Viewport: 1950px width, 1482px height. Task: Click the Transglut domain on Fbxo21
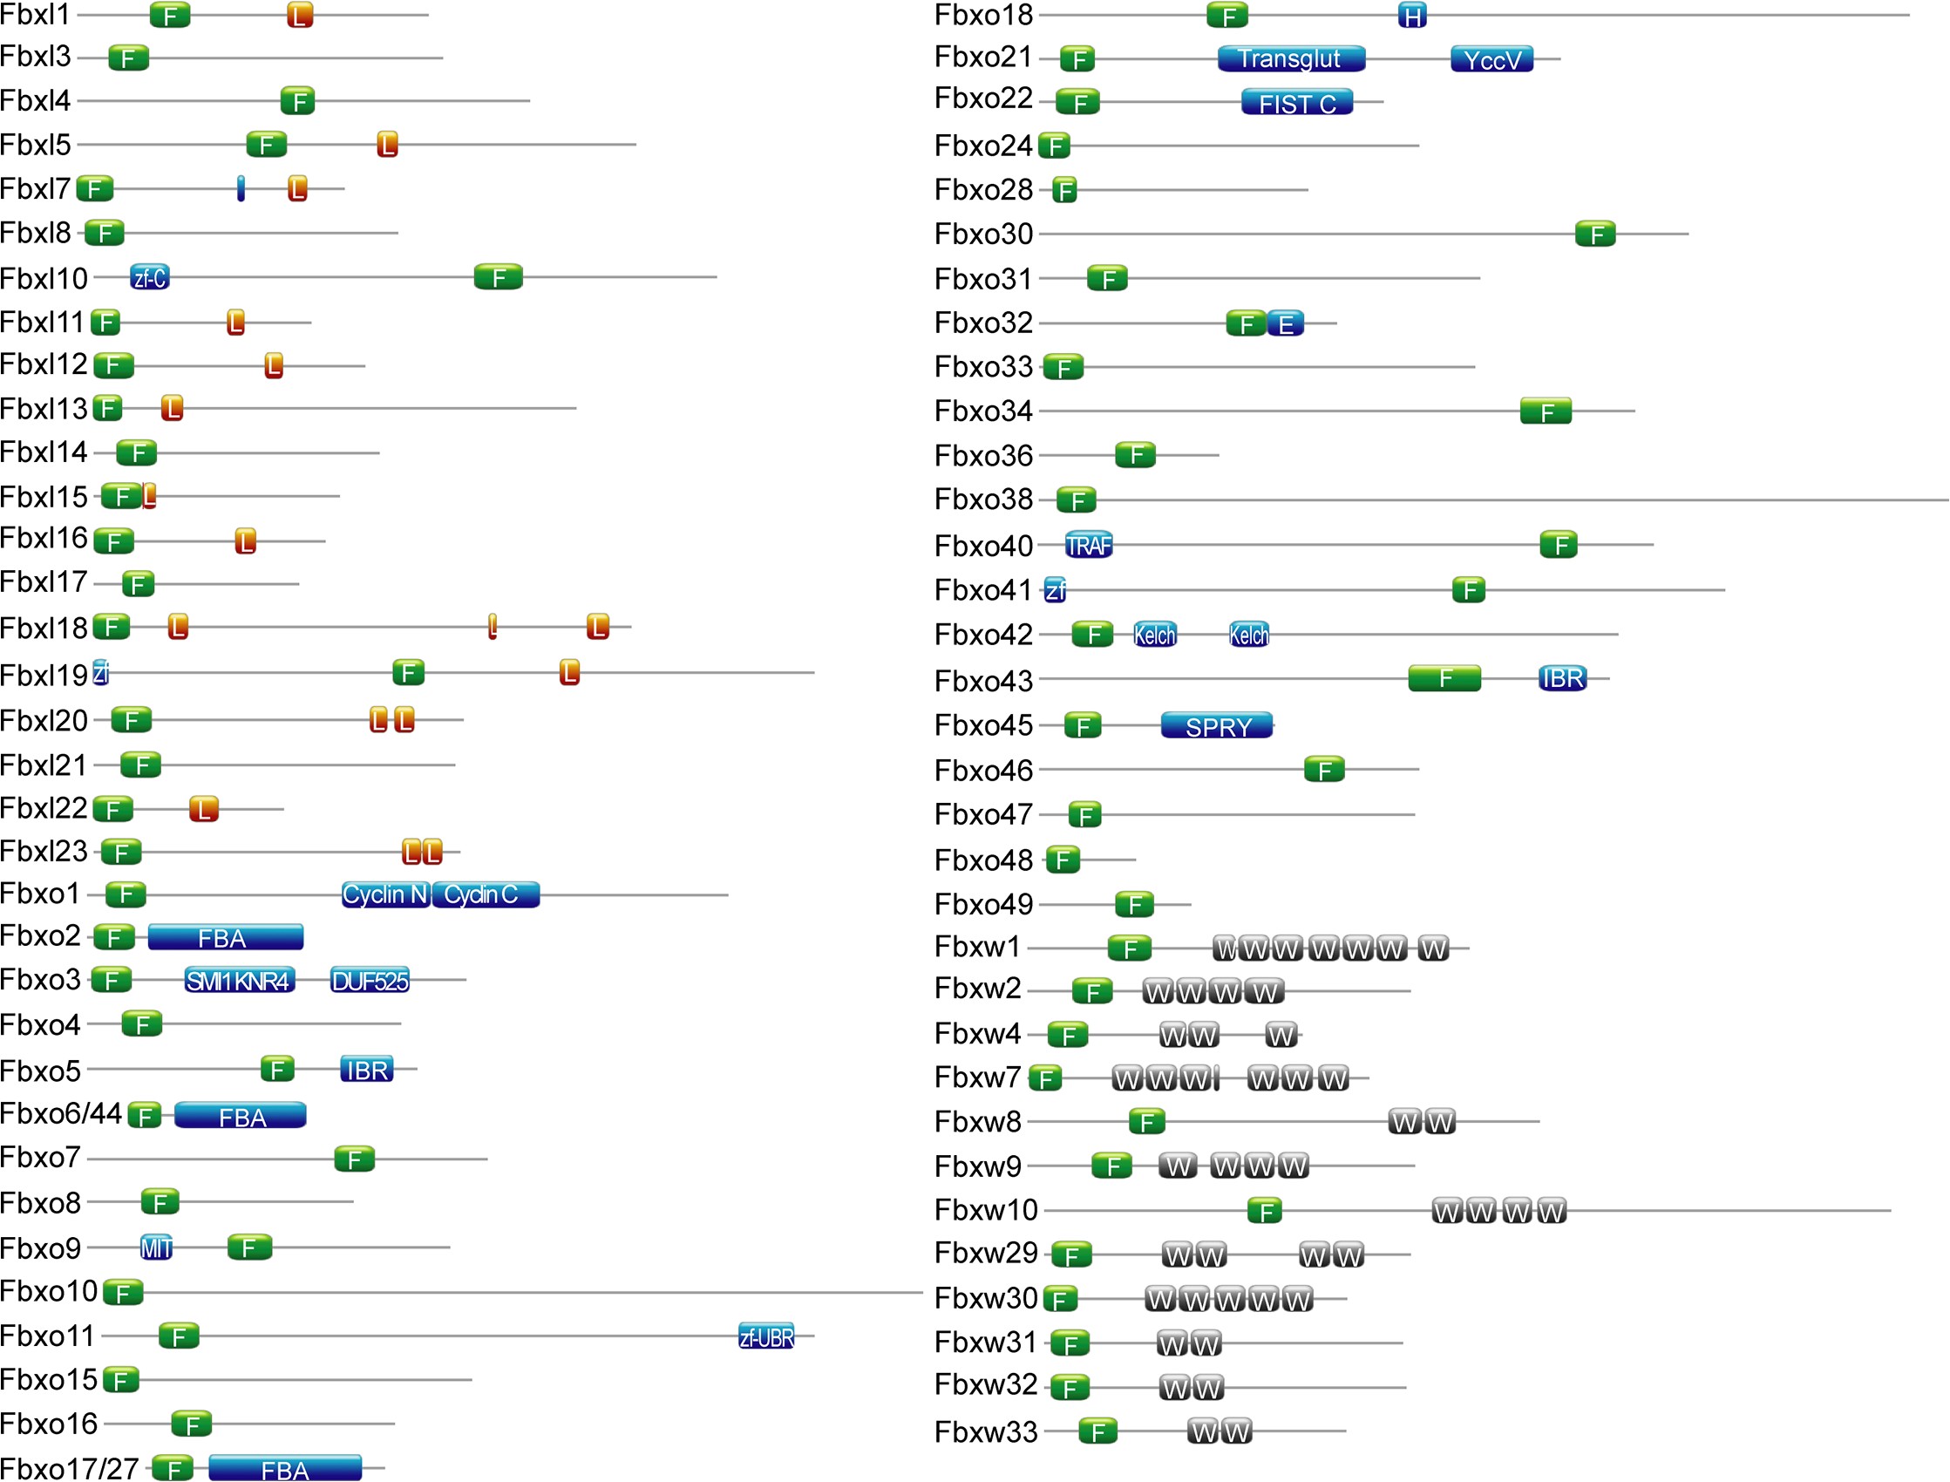click(x=1290, y=58)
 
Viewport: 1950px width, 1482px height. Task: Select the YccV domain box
click(x=1491, y=59)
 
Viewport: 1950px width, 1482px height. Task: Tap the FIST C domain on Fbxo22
click(x=1296, y=103)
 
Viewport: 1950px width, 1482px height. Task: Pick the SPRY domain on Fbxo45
click(x=1216, y=726)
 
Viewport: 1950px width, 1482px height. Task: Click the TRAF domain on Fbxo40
click(x=1089, y=546)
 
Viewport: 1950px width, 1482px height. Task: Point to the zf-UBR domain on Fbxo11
click(x=765, y=1337)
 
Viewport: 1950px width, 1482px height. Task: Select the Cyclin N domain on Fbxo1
click(x=385, y=894)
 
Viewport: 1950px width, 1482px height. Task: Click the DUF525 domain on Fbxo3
click(x=370, y=981)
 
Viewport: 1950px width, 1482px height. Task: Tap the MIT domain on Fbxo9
click(x=156, y=1248)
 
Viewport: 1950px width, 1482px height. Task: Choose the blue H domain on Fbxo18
click(x=1411, y=16)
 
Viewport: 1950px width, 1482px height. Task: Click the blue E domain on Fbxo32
click(x=1285, y=323)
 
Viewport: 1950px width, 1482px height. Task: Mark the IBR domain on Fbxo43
click(x=1562, y=678)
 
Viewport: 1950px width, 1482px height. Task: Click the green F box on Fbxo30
click(x=1594, y=235)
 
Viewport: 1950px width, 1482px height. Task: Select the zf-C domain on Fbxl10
click(x=150, y=278)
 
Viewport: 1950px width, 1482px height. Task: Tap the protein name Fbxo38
click(x=983, y=500)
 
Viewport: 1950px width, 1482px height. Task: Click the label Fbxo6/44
click(x=60, y=1114)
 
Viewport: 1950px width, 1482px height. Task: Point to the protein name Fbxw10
click(x=986, y=1210)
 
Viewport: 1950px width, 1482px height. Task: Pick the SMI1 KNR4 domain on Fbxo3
click(x=239, y=981)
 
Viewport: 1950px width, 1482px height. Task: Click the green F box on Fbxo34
click(x=1546, y=412)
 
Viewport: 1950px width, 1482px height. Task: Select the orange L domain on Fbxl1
click(x=300, y=15)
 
